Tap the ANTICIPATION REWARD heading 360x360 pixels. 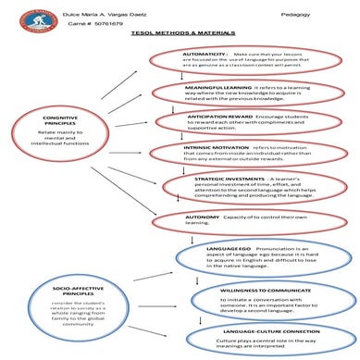point(212,118)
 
